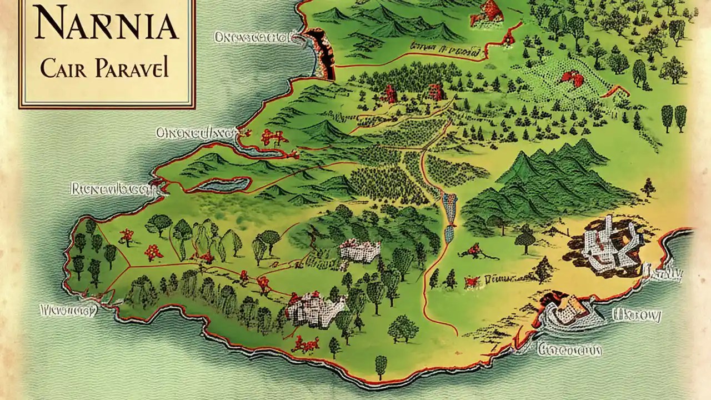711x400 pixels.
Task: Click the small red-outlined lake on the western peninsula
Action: click(222, 184)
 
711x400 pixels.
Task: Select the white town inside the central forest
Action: click(360, 251)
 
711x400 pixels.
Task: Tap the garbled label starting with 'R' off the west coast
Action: click(111, 189)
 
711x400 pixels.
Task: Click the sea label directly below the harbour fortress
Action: click(570, 349)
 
